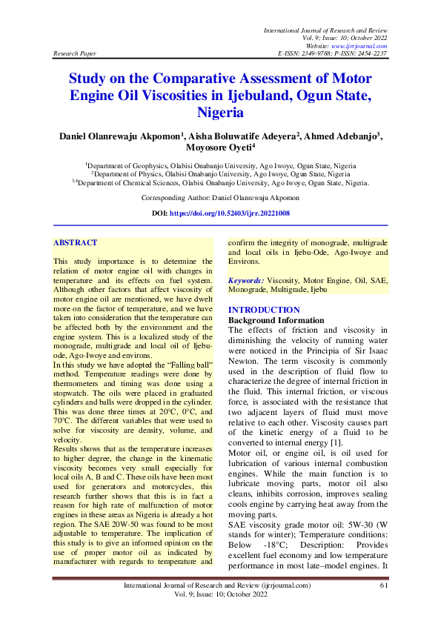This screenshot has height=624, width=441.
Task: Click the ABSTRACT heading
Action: coord(76,242)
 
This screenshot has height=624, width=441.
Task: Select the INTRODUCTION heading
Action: coord(264,310)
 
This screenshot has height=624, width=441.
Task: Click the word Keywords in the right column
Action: coord(246,282)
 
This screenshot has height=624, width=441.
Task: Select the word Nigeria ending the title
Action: coord(220,113)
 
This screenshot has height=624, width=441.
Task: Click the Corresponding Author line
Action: coord(220,198)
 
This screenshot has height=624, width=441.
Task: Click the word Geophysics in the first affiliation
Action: coord(156,166)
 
